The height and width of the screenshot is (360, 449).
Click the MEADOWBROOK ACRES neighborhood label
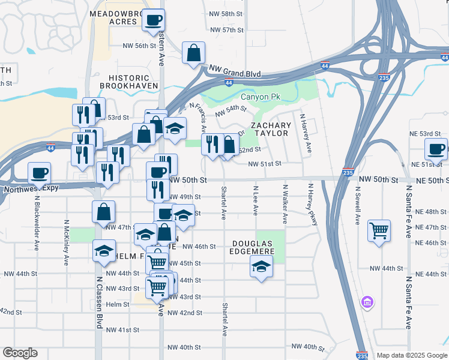(x=114, y=17)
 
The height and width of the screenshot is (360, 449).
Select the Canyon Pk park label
(x=261, y=97)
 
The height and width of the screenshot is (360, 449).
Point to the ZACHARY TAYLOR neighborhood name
(x=271, y=129)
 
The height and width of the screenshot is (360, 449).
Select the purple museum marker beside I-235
(x=367, y=301)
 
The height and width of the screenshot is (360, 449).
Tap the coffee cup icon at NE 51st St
(x=436, y=148)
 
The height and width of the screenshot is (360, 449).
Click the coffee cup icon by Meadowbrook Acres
(x=152, y=20)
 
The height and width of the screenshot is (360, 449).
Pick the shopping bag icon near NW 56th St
(x=194, y=53)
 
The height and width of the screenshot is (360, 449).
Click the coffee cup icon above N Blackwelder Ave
(x=40, y=173)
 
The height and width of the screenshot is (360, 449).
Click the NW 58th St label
(x=227, y=13)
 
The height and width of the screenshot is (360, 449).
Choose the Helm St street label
(x=118, y=304)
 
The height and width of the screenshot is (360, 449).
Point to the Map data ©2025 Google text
(x=411, y=355)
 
